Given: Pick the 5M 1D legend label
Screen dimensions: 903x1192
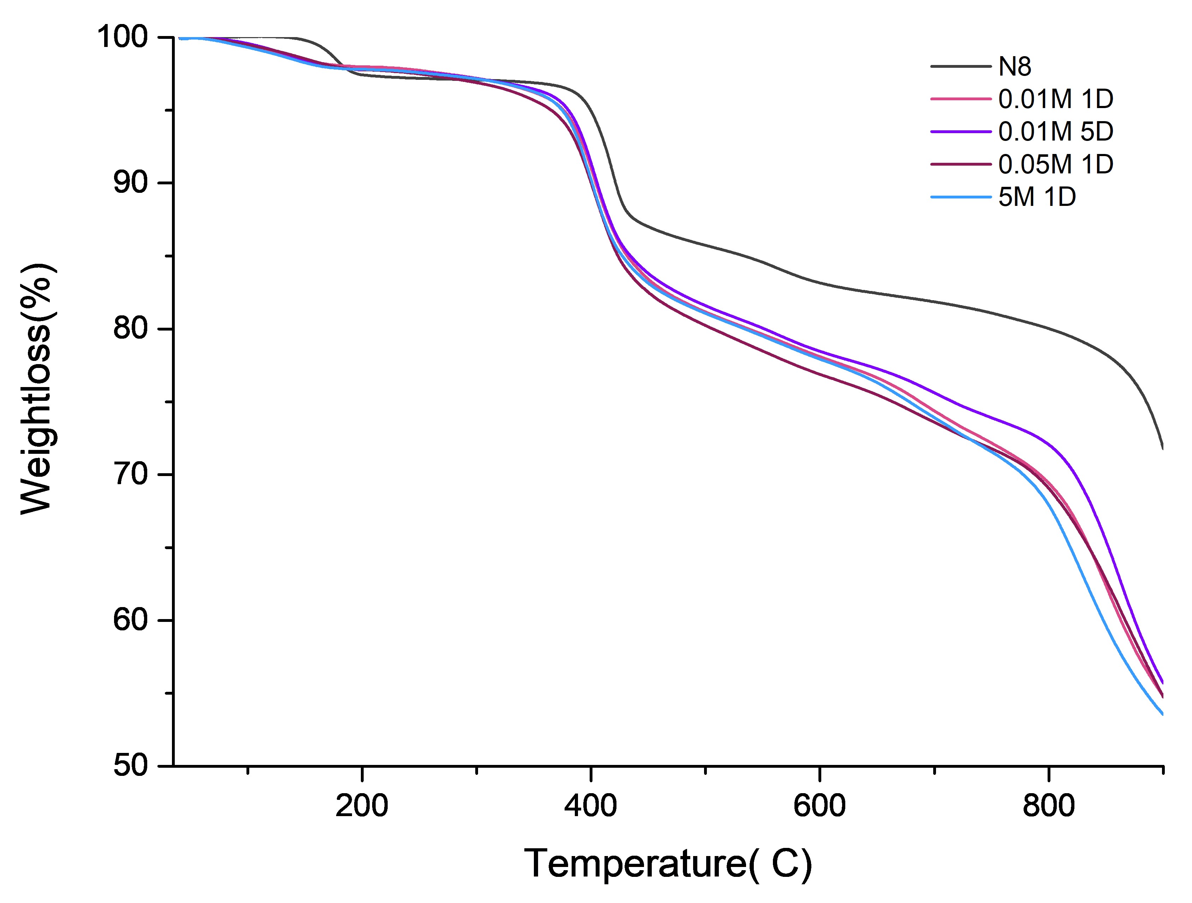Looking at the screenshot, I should pos(1037,197).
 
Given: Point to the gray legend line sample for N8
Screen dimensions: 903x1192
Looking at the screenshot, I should pos(961,67).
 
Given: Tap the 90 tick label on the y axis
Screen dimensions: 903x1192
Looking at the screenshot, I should pos(130,183).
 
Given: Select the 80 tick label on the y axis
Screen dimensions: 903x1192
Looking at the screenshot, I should pos(130,329).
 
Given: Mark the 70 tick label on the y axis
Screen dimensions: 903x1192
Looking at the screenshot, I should pos(130,474).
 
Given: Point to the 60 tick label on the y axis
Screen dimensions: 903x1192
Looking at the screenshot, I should pos(130,620).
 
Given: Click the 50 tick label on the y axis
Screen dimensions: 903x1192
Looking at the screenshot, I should pos(130,766).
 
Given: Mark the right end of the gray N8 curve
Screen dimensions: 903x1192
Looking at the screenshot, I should pos(1162,447).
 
